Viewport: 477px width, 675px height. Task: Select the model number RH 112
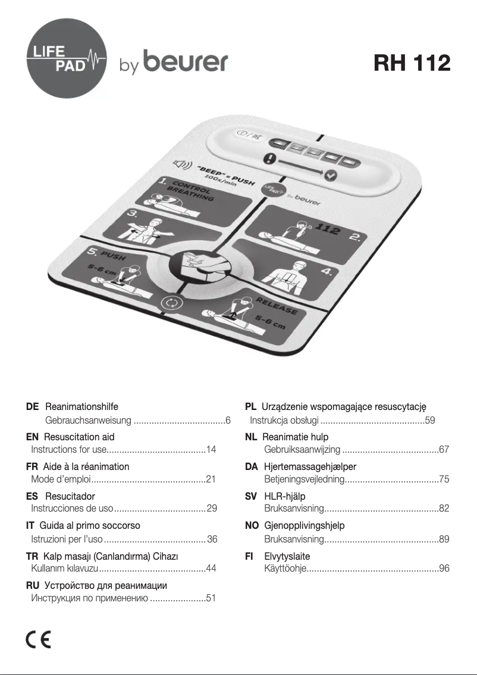412,62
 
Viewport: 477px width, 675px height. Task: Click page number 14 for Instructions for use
211,450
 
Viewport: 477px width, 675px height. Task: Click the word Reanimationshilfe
81,406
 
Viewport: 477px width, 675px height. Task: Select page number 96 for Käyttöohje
444,569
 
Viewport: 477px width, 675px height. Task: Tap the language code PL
251,406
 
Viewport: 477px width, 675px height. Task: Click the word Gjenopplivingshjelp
304,525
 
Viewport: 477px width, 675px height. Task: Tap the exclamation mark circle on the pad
272,159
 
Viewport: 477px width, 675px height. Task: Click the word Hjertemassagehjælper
310,466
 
